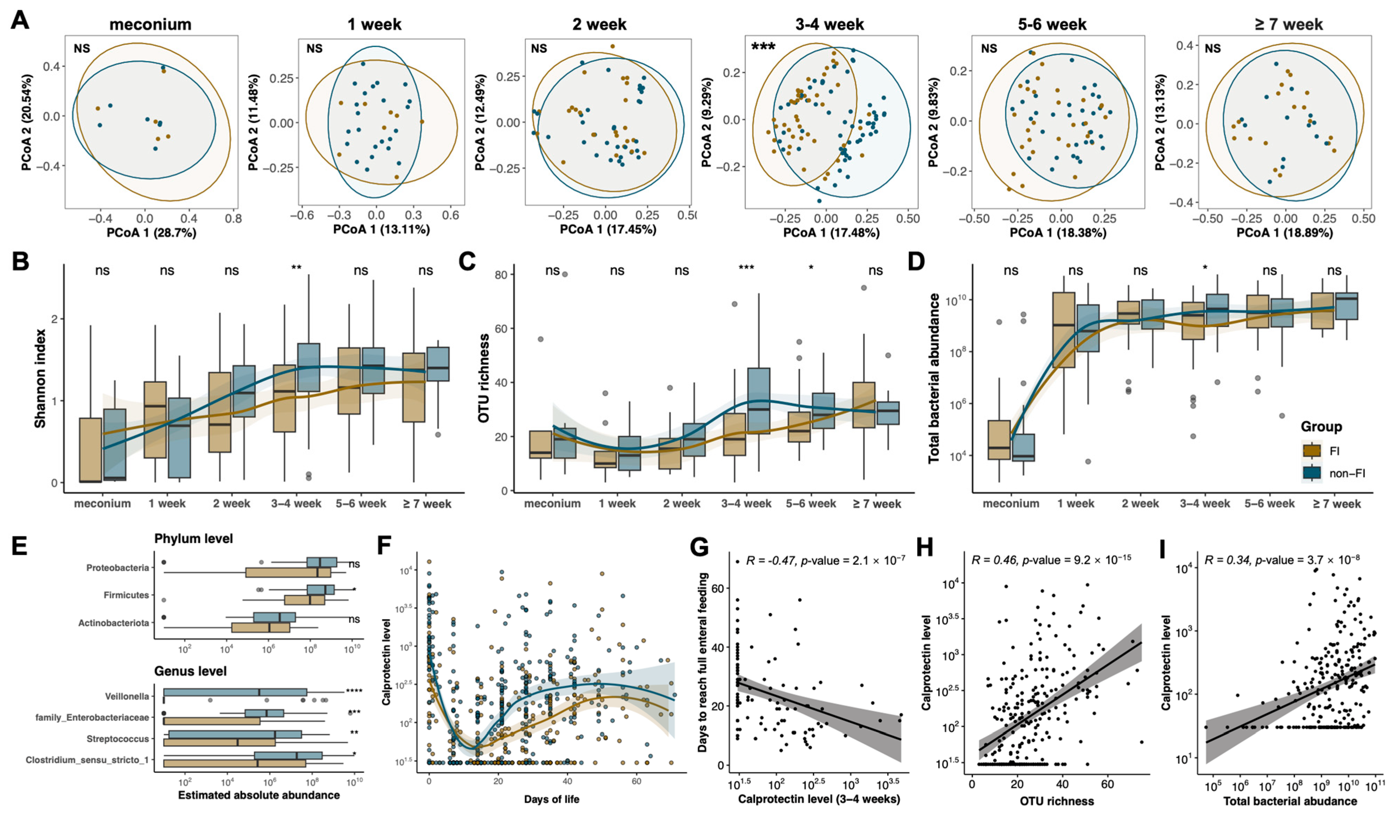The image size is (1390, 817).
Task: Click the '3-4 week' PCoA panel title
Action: click(829, 24)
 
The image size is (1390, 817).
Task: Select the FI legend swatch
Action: click(1312, 451)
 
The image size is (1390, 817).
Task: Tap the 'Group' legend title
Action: click(1321, 427)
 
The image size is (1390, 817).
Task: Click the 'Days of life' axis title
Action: click(551, 799)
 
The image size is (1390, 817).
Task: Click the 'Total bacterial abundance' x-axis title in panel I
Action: click(1290, 801)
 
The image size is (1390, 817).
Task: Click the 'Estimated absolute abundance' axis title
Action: click(259, 795)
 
